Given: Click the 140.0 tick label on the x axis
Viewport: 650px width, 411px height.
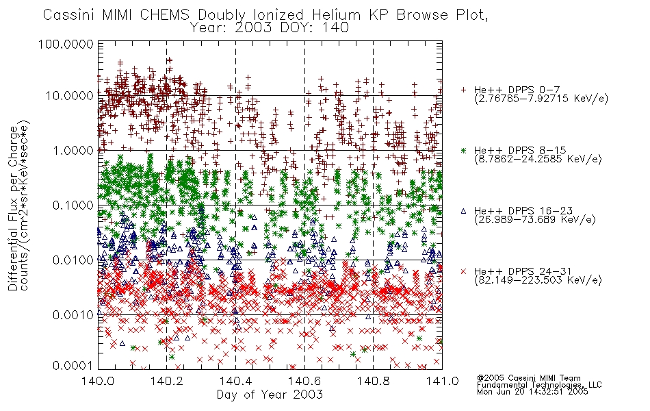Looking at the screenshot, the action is tap(98, 381).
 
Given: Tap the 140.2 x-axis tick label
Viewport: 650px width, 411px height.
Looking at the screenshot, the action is tap(167, 381).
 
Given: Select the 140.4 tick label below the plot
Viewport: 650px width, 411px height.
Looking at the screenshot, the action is tap(235, 381).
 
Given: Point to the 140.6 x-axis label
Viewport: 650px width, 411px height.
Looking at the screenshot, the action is tap(304, 381).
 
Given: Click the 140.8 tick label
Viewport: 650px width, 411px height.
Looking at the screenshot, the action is tap(373, 381).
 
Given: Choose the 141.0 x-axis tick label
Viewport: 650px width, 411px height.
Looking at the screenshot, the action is tap(442, 381).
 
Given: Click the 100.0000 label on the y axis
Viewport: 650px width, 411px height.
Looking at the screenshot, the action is tap(66, 44).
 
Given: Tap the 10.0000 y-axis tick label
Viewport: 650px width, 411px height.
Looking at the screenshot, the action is tap(70, 96).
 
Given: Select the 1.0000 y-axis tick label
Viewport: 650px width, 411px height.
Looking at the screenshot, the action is tap(73, 150).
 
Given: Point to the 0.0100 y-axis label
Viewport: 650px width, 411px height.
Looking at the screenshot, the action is tap(73, 260).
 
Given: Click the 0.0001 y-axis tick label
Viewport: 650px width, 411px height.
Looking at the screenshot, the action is tap(73, 366).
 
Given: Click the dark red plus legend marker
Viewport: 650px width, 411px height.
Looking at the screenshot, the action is tap(463, 90).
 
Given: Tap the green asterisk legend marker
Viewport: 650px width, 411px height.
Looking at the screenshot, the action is tap(463, 150).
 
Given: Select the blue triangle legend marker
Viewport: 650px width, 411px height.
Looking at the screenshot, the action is tap(463, 211).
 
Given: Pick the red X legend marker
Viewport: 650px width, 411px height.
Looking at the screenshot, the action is tap(463, 271).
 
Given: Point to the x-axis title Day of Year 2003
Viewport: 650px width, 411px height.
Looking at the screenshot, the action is tap(270, 395).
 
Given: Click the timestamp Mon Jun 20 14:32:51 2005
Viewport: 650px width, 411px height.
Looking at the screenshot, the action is tap(532, 392).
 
